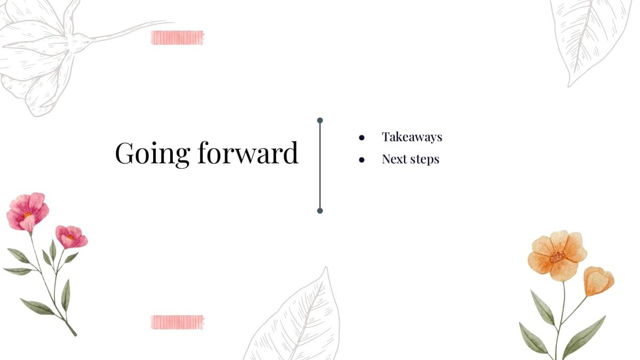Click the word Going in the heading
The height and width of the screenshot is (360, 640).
click(x=153, y=154)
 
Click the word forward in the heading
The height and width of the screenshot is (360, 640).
click(x=248, y=153)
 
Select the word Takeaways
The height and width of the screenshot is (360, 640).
click(x=412, y=137)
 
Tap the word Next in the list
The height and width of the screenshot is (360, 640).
click(x=394, y=159)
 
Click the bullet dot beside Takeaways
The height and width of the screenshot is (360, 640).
click(x=362, y=138)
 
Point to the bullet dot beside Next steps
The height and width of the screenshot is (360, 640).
click(x=362, y=159)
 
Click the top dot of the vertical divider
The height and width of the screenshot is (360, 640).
click(x=320, y=121)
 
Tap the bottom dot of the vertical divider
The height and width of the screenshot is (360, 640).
click(x=320, y=211)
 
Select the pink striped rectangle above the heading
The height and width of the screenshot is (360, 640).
click(x=178, y=37)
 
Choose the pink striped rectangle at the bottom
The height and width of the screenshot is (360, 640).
click(x=178, y=322)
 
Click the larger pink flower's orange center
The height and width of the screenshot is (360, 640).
click(x=27, y=215)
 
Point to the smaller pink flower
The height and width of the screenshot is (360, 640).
click(x=71, y=237)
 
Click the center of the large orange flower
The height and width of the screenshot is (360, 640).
click(x=557, y=257)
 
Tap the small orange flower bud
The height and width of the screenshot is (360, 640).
click(x=598, y=281)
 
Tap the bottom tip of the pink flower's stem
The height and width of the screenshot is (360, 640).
click(x=76, y=335)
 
